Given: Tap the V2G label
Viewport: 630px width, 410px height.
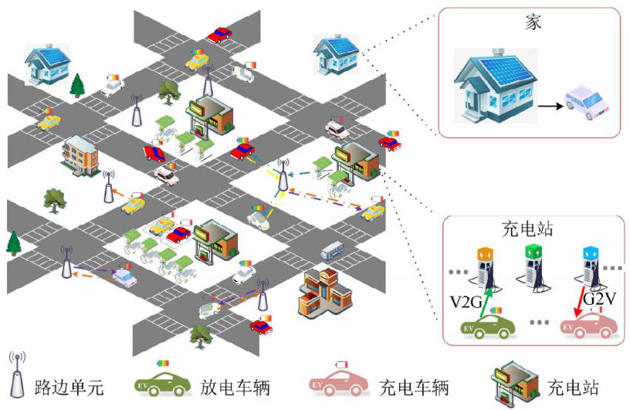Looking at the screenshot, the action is pos(465,300).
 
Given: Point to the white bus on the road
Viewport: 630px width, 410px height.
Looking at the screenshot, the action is pos(331,250).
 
